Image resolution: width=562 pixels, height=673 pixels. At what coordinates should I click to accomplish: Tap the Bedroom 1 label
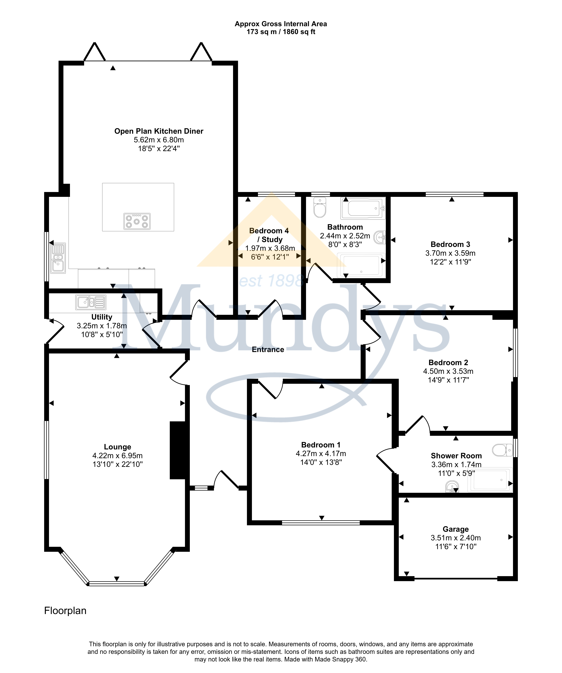pyautogui.click(x=321, y=445)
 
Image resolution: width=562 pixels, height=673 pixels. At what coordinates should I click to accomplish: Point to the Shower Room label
pyautogui.click(x=456, y=456)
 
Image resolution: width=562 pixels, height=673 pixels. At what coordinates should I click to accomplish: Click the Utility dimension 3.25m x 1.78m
pyautogui.click(x=102, y=326)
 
